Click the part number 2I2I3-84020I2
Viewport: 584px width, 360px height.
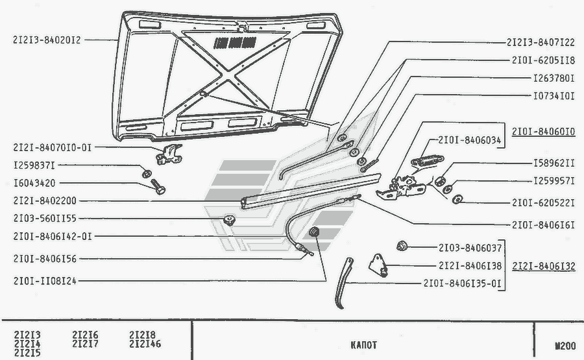tap(46, 40)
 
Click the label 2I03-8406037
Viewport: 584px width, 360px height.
tap(470, 247)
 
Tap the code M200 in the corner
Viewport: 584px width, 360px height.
tap(565, 346)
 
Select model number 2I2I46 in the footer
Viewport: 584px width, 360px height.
tap(145, 344)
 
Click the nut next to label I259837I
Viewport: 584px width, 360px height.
tap(147, 173)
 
